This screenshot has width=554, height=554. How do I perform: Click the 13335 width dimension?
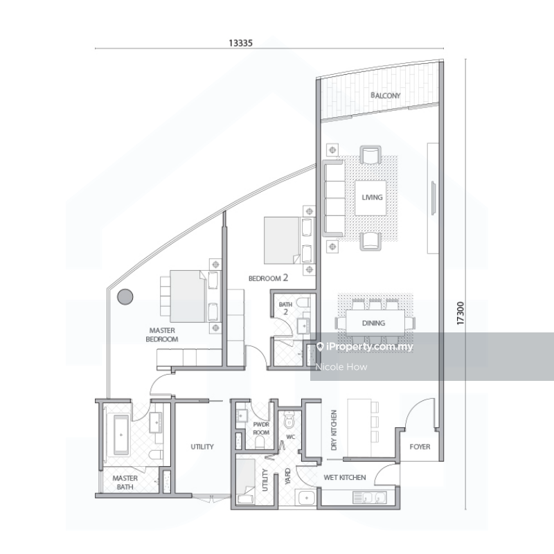(x=241, y=42)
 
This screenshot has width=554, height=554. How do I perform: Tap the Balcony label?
(x=385, y=96)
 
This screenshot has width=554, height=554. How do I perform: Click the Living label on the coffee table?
(x=372, y=197)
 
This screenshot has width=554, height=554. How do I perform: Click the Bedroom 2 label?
(x=268, y=278)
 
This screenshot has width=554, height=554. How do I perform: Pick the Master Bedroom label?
(x=162, y=335)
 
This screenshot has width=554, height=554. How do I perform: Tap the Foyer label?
(x=420, y=447)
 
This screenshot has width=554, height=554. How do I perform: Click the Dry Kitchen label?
(x=334, y=431)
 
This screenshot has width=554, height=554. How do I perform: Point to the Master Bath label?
(x=125, y=482)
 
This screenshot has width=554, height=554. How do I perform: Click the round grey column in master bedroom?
(x=125, y=297)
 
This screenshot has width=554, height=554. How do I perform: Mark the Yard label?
(x=287, y=476)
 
